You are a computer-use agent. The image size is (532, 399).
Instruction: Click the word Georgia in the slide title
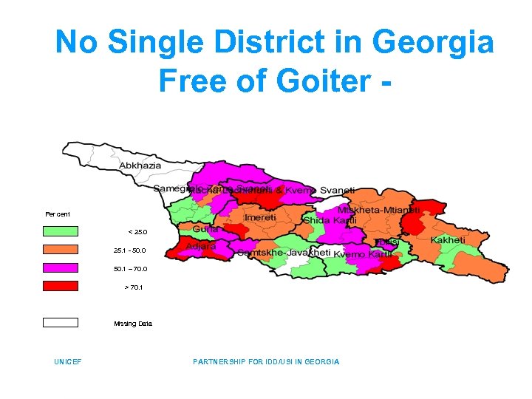tap(433, 43)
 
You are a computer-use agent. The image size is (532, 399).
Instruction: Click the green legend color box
tap(60, 231)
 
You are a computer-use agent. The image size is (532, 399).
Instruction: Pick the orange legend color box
tap(60, 249)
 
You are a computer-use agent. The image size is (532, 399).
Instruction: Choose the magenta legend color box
tap(60, 267)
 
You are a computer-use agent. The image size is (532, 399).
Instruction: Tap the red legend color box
tap(60, 286)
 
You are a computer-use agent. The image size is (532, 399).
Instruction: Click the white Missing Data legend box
tap(60, 322)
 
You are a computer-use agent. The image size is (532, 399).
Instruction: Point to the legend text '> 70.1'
tap(133, 287)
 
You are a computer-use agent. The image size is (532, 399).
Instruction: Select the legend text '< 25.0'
tap(139, 232)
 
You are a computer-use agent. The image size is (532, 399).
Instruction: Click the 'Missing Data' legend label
tap(133, 324)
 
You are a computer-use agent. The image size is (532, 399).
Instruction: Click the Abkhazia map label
tap(140, 166)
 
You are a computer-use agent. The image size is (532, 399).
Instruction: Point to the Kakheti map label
tap(449, 240)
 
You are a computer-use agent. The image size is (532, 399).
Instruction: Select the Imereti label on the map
tap(260, 218)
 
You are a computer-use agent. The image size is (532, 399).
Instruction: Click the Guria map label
tap(205, 231)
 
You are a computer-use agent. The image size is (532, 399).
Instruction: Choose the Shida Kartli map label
tap(330, 221)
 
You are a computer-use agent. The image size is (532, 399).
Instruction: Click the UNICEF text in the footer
tap(67, 362)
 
